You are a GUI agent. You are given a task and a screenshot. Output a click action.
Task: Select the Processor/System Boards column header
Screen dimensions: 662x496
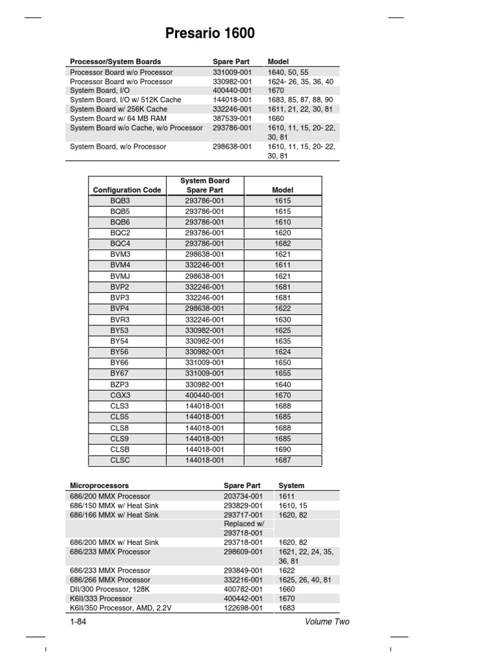pos(115,61)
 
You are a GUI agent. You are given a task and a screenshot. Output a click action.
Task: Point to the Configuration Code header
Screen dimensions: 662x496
pos(127,190)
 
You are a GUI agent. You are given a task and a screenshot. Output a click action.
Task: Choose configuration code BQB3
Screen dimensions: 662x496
pos(120,201)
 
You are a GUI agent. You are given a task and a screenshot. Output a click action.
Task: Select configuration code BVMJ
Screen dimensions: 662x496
pos(120,276)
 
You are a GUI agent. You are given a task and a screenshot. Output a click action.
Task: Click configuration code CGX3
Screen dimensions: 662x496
pos(120,395)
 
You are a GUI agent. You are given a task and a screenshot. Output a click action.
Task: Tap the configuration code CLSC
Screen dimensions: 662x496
pos(120,460)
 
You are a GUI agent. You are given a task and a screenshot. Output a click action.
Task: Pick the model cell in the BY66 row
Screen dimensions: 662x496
pos(282,363)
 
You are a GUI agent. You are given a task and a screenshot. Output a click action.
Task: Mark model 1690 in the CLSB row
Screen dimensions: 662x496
pos(282,449)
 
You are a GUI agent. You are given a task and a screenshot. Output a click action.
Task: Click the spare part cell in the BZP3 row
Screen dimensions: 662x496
pos(204,384)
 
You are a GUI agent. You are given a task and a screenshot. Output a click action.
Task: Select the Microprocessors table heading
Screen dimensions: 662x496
pos(99,485)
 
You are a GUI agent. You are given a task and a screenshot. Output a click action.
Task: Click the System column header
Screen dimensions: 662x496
pos(291,485)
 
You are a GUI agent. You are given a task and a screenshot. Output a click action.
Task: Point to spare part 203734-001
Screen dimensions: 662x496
pos(243,496)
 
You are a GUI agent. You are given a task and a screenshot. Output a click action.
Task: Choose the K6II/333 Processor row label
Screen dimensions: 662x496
pos(101,599)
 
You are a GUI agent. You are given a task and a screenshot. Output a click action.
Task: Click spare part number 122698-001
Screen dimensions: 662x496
pos(243,608)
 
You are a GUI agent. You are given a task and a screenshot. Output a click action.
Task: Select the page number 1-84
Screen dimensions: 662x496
pos(79,622)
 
